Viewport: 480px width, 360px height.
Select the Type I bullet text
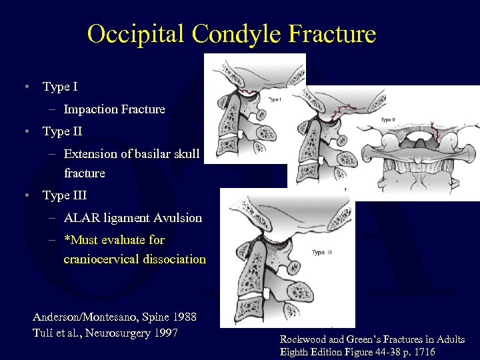pos(60,87)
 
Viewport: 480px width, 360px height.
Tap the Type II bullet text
pos(62,131)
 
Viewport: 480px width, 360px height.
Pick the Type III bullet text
pos(65,196)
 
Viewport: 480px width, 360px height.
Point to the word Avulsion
pos(178,218)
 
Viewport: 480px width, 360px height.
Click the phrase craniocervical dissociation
pos(135,259)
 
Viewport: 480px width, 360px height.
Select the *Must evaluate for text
pos(114,240)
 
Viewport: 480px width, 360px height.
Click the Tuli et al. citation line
pos(105,333)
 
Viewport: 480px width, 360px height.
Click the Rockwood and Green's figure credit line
pos(372,340)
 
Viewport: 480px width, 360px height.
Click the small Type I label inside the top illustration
pos(275,99)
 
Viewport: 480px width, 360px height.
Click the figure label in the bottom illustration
pos(327,253)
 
